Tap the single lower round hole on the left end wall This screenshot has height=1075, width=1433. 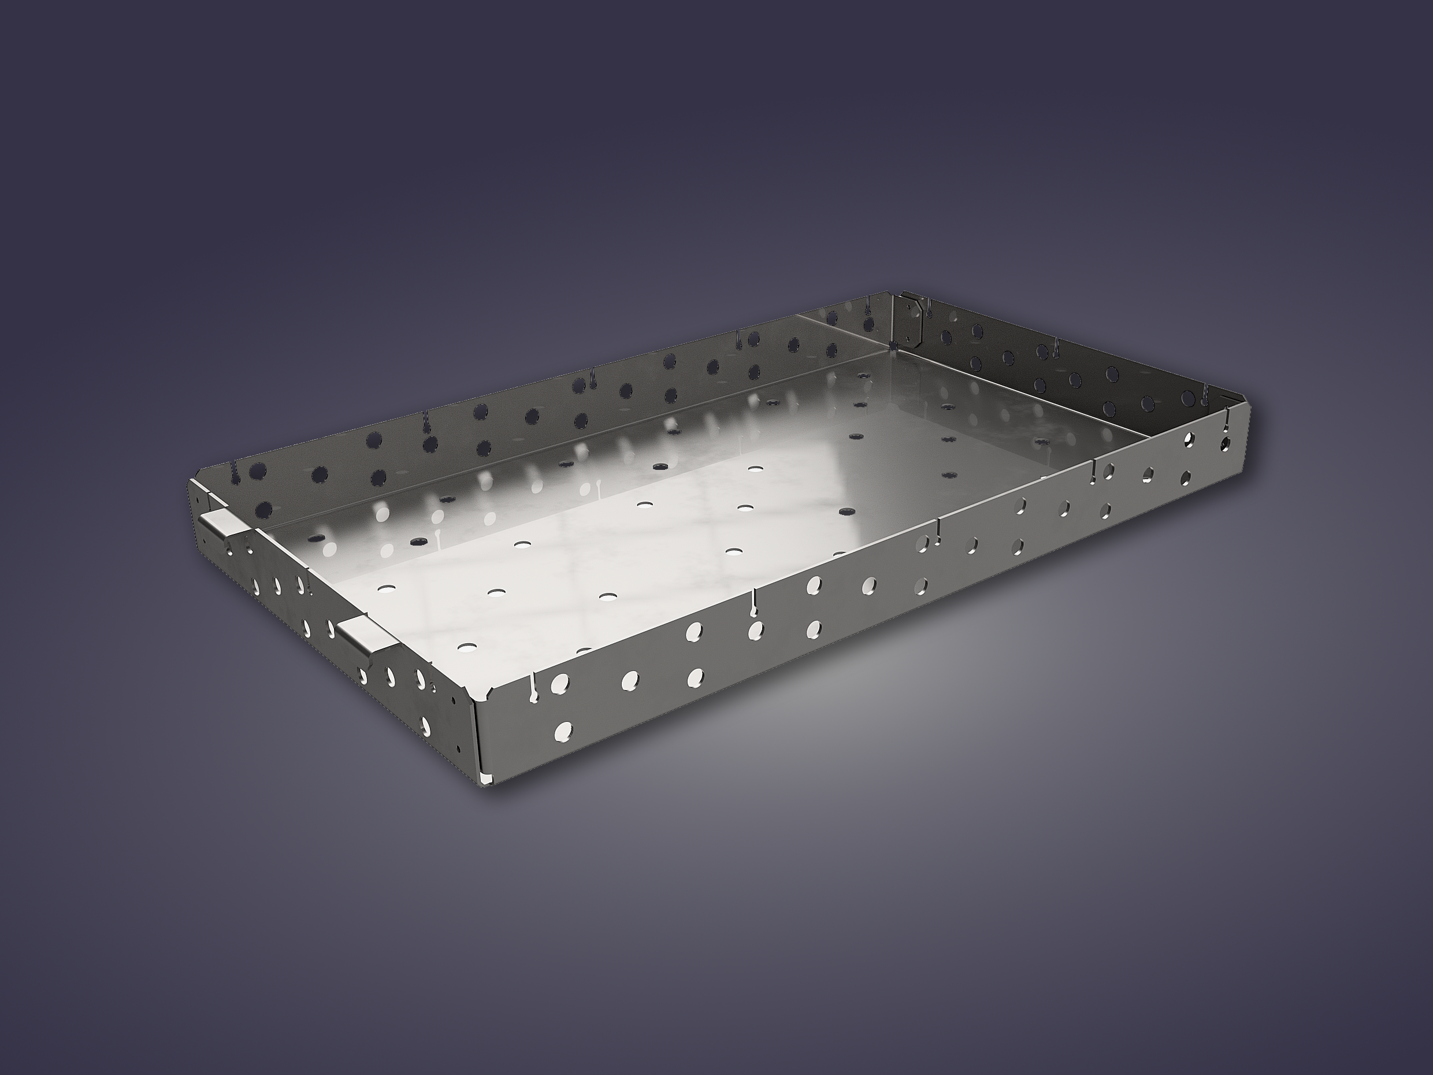coord(428,722)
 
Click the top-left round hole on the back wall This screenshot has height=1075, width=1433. coord(258,471)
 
